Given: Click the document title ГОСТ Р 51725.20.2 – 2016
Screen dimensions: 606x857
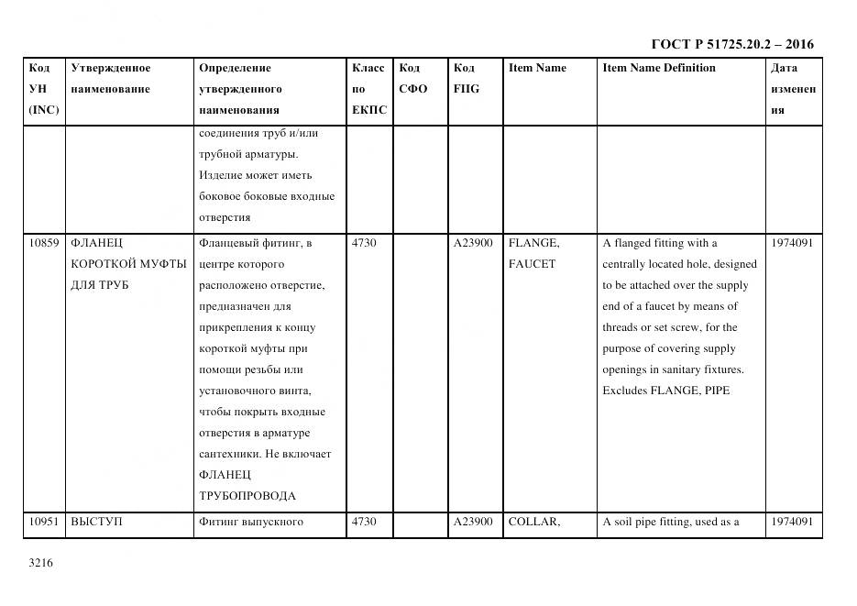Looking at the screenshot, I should point(731,44).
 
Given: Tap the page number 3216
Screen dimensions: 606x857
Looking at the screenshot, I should point(41,563).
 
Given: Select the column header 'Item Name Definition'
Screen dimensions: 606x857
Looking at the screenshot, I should point(658,68).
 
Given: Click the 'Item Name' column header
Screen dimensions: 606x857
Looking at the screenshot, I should point(537,68).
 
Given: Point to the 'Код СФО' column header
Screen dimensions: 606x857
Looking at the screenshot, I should point(412,79).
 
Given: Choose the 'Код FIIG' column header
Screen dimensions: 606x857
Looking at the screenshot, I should point(466,79).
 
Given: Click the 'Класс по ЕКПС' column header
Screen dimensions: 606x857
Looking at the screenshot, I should point(368,89).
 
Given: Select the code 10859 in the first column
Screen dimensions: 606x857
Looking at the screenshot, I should point(43,244).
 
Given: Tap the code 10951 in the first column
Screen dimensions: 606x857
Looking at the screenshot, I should point(43,523).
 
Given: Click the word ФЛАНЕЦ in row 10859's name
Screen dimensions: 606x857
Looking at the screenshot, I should point(96,244).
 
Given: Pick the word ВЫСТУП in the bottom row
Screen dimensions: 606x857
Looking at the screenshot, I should point(96,523).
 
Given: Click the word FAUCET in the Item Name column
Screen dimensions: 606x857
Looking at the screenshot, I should point(532,265).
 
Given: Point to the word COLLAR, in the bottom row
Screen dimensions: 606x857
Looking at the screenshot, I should point(533,523).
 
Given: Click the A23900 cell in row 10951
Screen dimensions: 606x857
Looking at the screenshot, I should point(473,523).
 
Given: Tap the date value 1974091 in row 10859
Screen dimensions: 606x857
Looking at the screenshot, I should point(792,244).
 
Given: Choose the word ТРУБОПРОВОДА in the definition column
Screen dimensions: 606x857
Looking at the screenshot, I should point(247,497).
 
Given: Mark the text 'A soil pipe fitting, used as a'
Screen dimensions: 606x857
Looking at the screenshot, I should point(671,523).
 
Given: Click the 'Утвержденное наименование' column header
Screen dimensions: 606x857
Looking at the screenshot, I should point(111,79).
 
